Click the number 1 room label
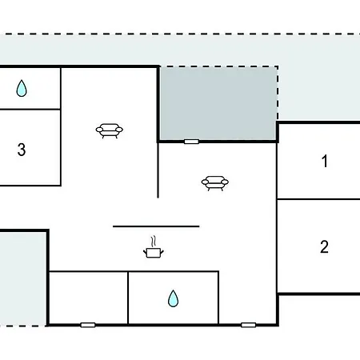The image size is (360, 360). pos(325,161)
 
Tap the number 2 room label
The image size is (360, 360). pos(324,246)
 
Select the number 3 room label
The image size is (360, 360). pos(22,150)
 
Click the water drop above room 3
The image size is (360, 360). pos(22,88)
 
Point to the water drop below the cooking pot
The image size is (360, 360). pos(173,298)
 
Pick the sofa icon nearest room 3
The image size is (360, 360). pos(110,130)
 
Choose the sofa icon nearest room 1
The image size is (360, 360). pos(215,183)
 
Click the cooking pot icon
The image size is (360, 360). pos(154,253)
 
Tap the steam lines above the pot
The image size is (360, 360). pos(154,242)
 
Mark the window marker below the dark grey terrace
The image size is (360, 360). pos(191,142)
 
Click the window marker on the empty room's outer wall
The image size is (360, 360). pos(88,325)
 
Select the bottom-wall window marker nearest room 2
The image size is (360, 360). pos(248,325)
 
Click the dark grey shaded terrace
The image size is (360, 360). pos(218,103)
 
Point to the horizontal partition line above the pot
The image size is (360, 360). pos(156,226)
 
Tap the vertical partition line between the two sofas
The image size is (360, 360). pos(158,170)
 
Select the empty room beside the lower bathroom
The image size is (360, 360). pos(89,298)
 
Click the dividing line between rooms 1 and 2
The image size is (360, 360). pos(318,199)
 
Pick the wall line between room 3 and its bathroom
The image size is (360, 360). pos(30,109)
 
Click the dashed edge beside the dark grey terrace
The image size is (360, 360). pos(278,94)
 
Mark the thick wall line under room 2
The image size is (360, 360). pos(319,294)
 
